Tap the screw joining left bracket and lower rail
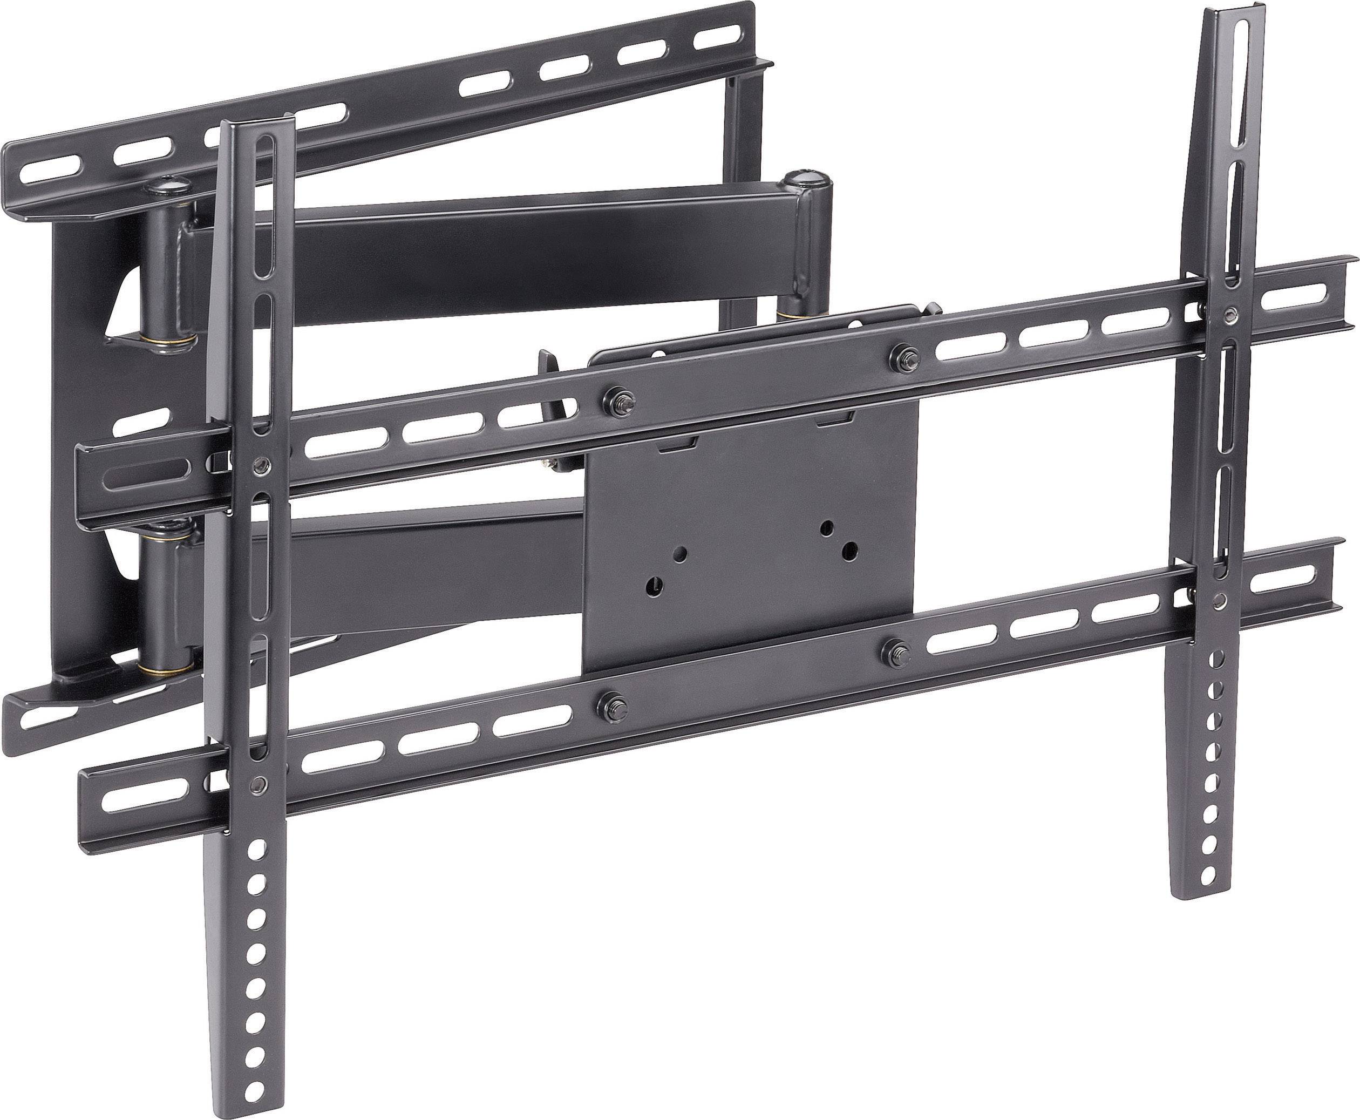tap(260, 784)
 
